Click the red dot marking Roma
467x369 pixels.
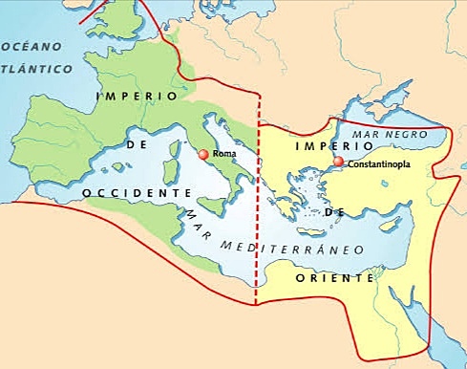(x=202, y=154)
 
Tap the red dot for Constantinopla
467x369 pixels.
(x=339, y=163)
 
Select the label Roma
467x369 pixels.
(x=223, y=154)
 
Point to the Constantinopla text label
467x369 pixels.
(x=380, y=164)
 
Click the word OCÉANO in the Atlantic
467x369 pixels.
(x=31, y=46)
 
